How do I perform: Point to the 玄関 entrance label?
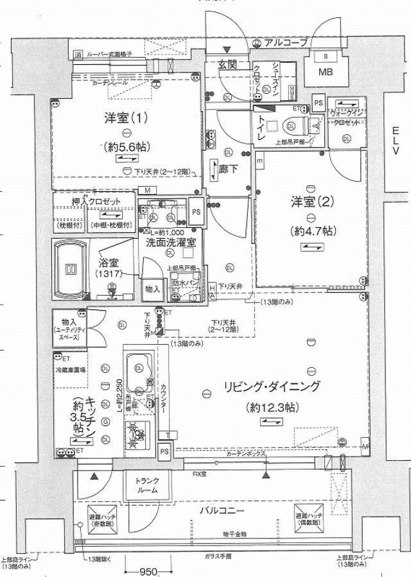click(228, 65)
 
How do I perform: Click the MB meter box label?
click(329, 71)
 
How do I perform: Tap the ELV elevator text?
click(396, 141)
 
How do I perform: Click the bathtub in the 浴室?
click(72, 268)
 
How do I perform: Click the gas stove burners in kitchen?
click(138, 436)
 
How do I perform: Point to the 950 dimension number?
click(149, 570)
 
